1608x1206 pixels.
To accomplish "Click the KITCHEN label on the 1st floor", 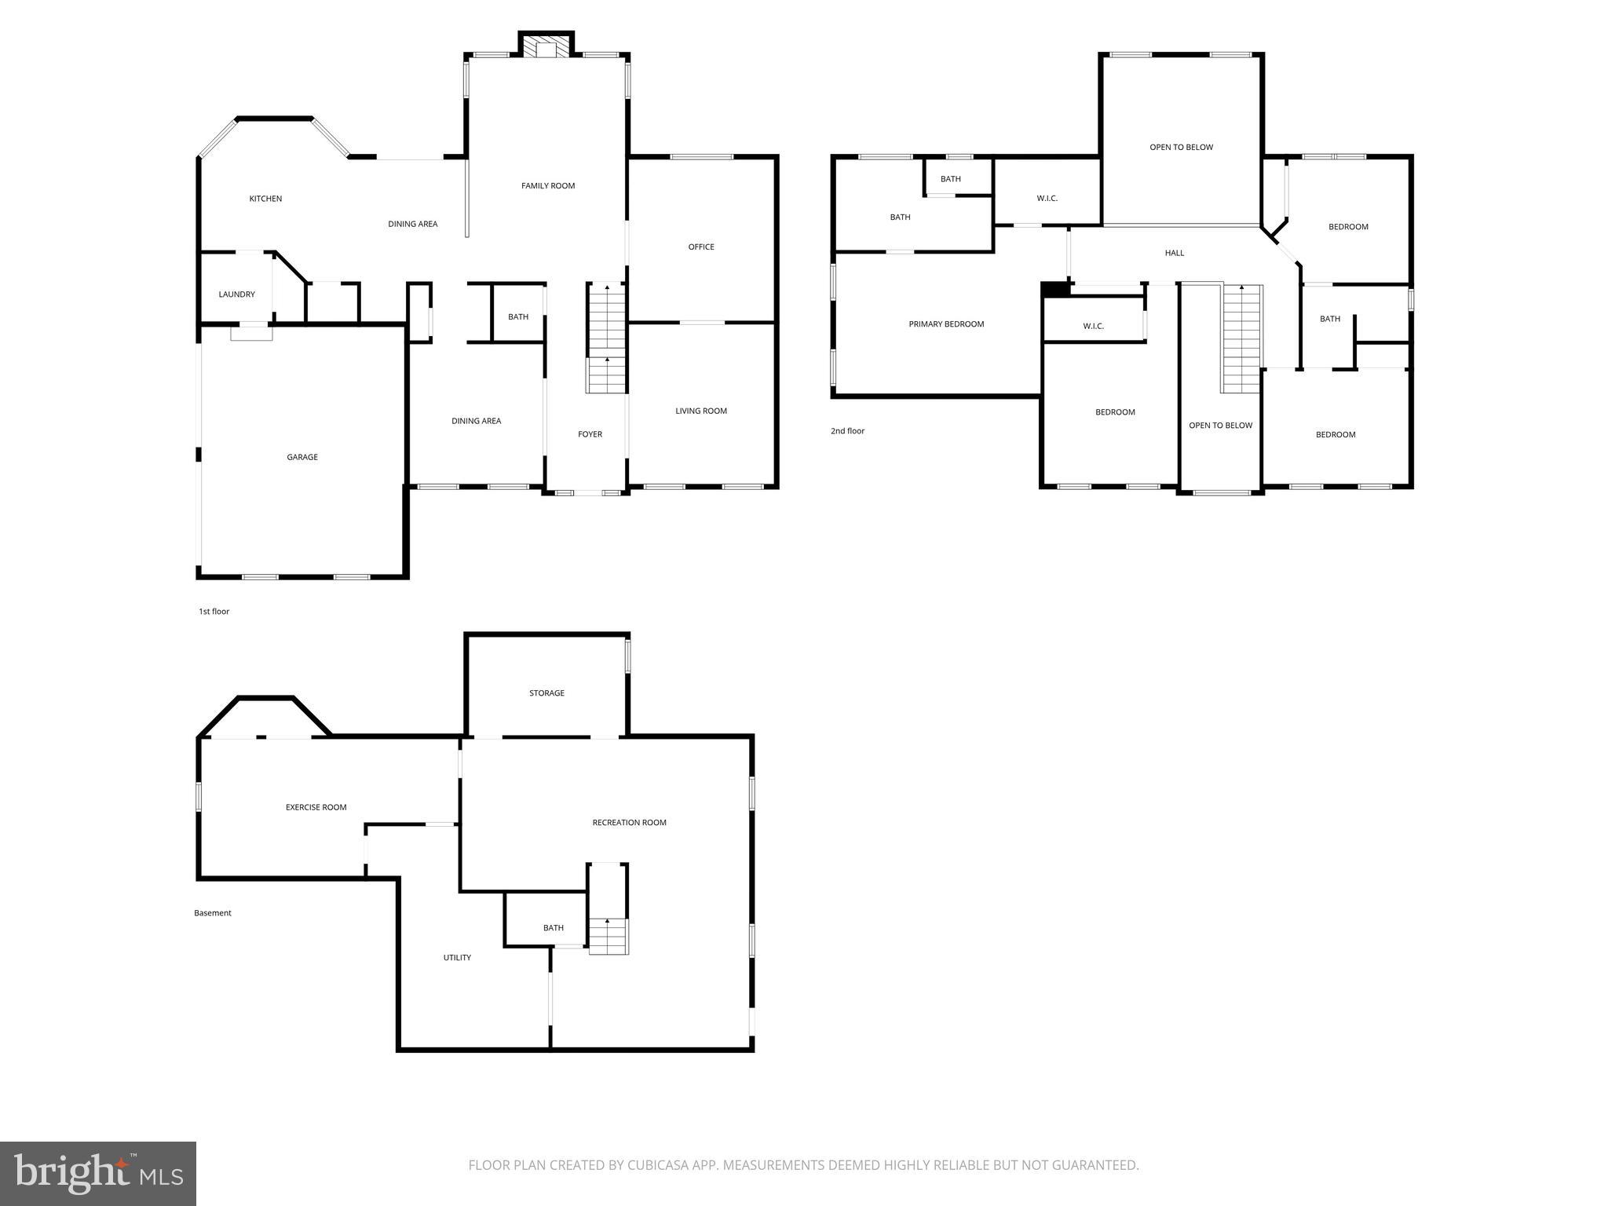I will tap(265, 199).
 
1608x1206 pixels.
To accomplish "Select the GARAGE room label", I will tap(302, 457).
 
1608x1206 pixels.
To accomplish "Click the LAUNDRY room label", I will tap(236, 294).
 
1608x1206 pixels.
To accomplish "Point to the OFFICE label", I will tap(701, 247).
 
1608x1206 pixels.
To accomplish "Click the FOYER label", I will tap(590, 434).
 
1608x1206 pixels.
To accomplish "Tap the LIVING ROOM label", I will tap(701, 411).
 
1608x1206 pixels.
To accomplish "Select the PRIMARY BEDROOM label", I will tap(946, 324).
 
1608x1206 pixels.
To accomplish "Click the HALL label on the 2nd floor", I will tap(1175, 253).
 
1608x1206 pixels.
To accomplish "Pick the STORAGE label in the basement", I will tap(546, 693).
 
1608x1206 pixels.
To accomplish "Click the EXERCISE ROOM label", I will tap(316, 807).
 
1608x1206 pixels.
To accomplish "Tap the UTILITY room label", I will tap(457, 958).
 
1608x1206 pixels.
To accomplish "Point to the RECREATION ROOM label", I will tap(629, 823).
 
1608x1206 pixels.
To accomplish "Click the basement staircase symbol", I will tap(608, 935).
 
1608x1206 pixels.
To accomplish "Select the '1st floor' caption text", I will tap(214, 612).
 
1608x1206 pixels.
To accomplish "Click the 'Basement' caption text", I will tap(213, 913).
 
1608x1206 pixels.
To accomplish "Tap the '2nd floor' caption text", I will tap(847, 431).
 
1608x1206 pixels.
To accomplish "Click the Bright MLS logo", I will tap(98, 1173).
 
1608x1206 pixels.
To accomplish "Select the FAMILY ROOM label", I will tap(548, 186).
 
